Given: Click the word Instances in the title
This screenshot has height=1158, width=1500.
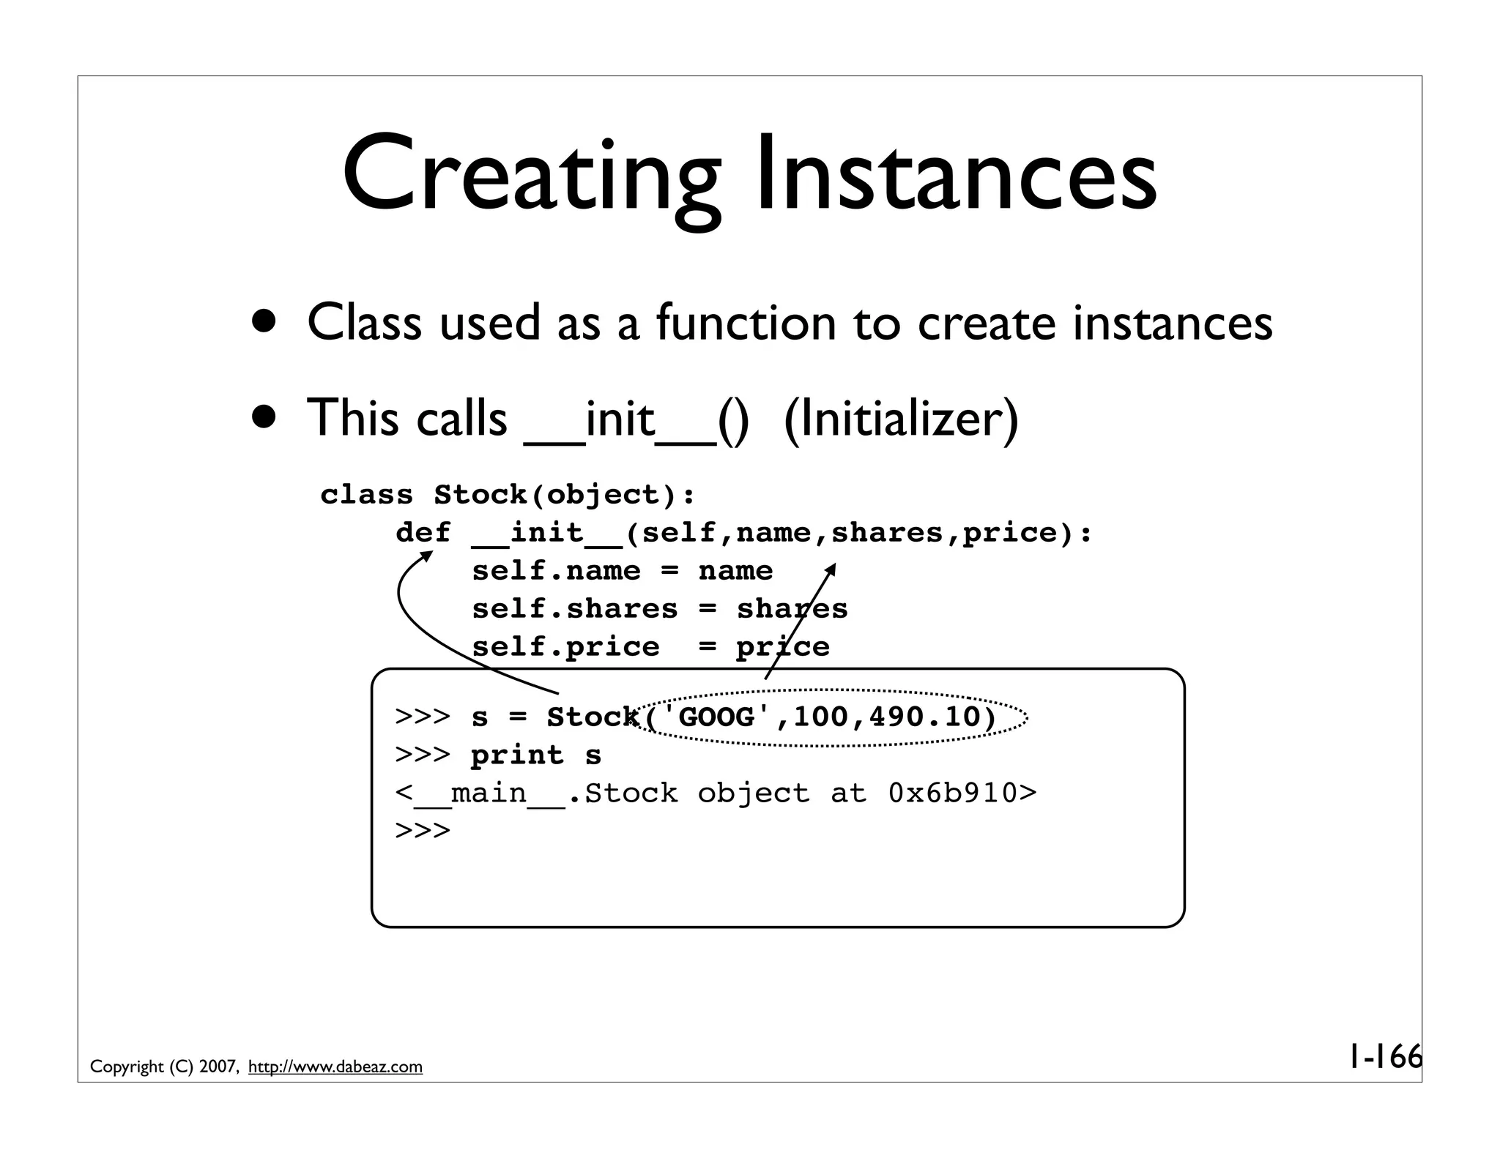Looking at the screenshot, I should pos(956,176).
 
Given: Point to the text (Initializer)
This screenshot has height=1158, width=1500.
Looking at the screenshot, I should pos(901,419).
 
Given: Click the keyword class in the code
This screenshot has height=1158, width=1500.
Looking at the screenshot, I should pos(367,495).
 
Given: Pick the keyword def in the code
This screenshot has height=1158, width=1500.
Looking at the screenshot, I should pos(423,533).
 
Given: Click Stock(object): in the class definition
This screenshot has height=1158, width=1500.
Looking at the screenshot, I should pos(564,495).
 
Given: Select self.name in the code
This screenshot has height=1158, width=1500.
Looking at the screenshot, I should pos(556,571).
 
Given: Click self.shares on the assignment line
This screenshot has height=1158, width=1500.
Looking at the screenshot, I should pos(575,609).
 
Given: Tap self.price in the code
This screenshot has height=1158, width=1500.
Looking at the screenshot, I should pos(565,647).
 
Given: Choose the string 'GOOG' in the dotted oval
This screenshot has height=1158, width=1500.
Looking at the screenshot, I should pos(716,717).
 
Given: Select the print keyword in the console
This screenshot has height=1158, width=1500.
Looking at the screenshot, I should pos(517,755).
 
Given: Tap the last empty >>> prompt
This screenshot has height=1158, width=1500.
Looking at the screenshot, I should pos(423,831).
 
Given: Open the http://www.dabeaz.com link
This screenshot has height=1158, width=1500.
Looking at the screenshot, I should pos(335,1067).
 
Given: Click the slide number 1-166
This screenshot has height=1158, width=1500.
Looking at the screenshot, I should pos(1384,1057).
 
